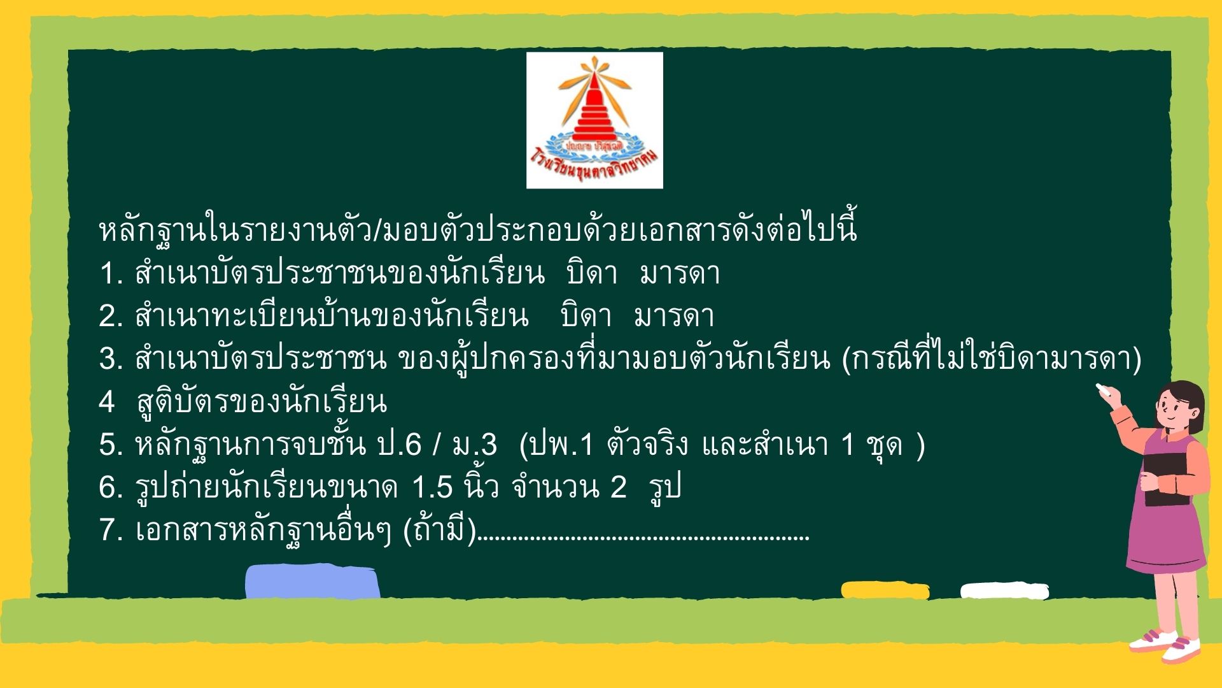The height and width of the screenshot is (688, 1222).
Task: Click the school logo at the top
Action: coord(594,120)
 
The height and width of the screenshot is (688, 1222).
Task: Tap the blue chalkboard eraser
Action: coord(313,582)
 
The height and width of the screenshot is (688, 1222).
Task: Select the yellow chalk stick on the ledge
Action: coord(885,590)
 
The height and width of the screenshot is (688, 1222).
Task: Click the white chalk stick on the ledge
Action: coord(1004,591)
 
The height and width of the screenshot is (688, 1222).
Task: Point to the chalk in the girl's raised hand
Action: coord(1100,389)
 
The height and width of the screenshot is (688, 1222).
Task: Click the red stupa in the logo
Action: coord(594,118)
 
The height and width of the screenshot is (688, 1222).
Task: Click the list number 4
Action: coord(107,402)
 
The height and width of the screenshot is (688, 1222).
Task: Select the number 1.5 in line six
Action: coord(432,487)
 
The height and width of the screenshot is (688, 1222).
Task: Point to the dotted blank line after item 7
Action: coord(643,539)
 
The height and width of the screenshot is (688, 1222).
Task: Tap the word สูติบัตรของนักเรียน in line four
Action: coord(262,402)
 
